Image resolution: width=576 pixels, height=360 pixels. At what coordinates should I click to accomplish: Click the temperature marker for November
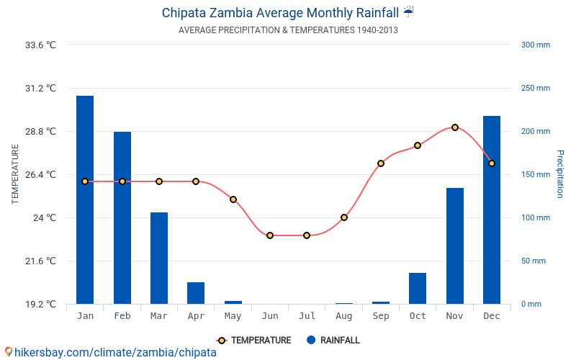[455, 127]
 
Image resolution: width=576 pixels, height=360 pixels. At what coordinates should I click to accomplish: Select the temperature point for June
[270, 235]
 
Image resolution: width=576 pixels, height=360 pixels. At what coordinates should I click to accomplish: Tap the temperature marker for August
[344, 217]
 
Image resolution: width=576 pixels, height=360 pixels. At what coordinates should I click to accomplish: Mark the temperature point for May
[233, 199]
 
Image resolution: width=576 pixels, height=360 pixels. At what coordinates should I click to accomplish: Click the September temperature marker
[381, 163]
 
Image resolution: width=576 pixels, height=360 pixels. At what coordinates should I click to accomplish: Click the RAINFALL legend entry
[333, 341]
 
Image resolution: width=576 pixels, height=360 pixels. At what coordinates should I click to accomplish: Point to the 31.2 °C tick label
[40, 89]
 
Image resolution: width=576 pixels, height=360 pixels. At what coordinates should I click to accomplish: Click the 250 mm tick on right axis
[535, 89]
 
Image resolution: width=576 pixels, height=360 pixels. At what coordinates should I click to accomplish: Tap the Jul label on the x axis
[307, 316]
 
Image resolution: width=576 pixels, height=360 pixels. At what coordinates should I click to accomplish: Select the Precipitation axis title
[560, 174]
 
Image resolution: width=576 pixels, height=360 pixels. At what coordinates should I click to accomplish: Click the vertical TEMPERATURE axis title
[15, 174]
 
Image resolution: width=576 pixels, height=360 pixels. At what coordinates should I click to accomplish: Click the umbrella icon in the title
[408, 12]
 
